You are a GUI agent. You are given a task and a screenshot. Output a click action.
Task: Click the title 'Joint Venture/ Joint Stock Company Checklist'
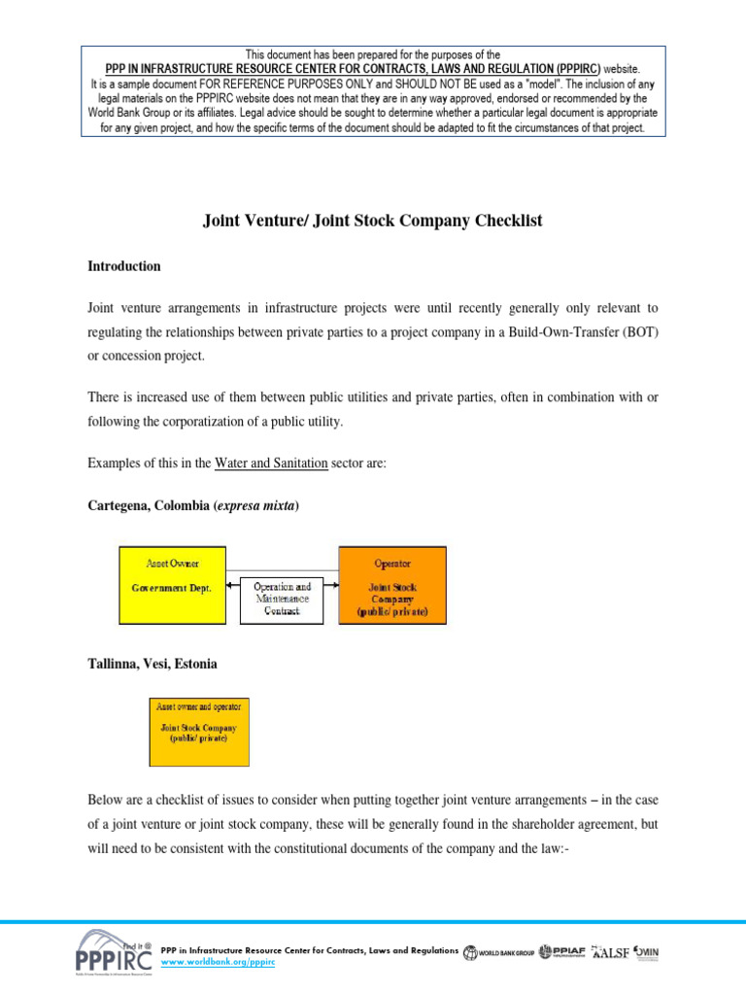tap(372, 221)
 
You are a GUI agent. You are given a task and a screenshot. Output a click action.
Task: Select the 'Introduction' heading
tap(124, 266)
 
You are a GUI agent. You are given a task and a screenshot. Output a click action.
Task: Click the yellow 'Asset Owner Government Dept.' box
tap(172, 585)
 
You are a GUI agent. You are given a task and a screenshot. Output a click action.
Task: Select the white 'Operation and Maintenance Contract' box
tap(282, 600)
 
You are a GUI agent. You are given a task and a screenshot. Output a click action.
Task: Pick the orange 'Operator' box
tap(392, 585)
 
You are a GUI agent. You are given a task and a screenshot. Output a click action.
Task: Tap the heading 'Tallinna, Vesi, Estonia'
tap(153, 664)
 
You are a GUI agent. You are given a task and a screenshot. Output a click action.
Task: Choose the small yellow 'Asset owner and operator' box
tap(198, 731)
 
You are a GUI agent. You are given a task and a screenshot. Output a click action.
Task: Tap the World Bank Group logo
tap(497, 952)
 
